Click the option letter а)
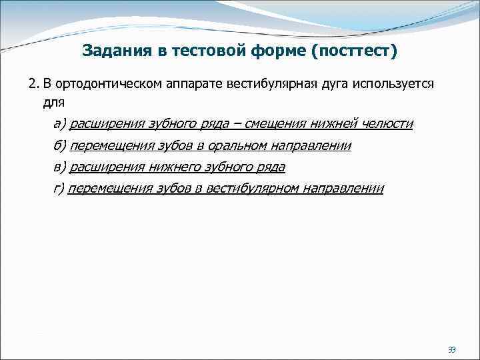pos(59,124)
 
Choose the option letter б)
pos(59,145)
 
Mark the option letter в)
pos(59,167)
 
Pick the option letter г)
pos(59,188)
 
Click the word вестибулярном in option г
pos(257,188)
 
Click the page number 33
pos(451,350)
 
